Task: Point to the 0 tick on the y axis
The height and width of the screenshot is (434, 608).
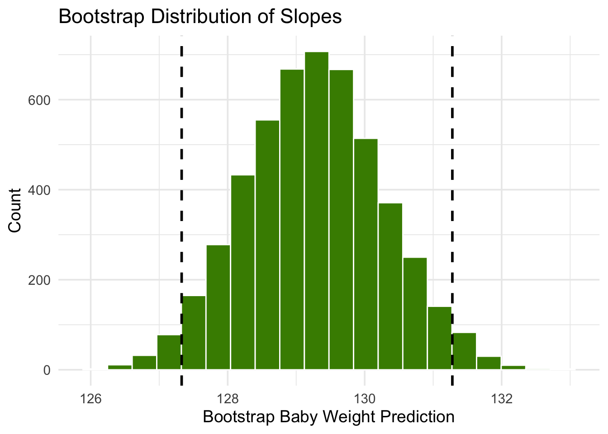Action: pos(47,370)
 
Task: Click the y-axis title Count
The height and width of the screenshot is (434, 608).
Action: pos(15,211)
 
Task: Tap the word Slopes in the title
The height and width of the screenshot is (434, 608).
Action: pos(316,17)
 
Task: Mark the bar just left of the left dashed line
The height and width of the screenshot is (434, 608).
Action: pos(169,353)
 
